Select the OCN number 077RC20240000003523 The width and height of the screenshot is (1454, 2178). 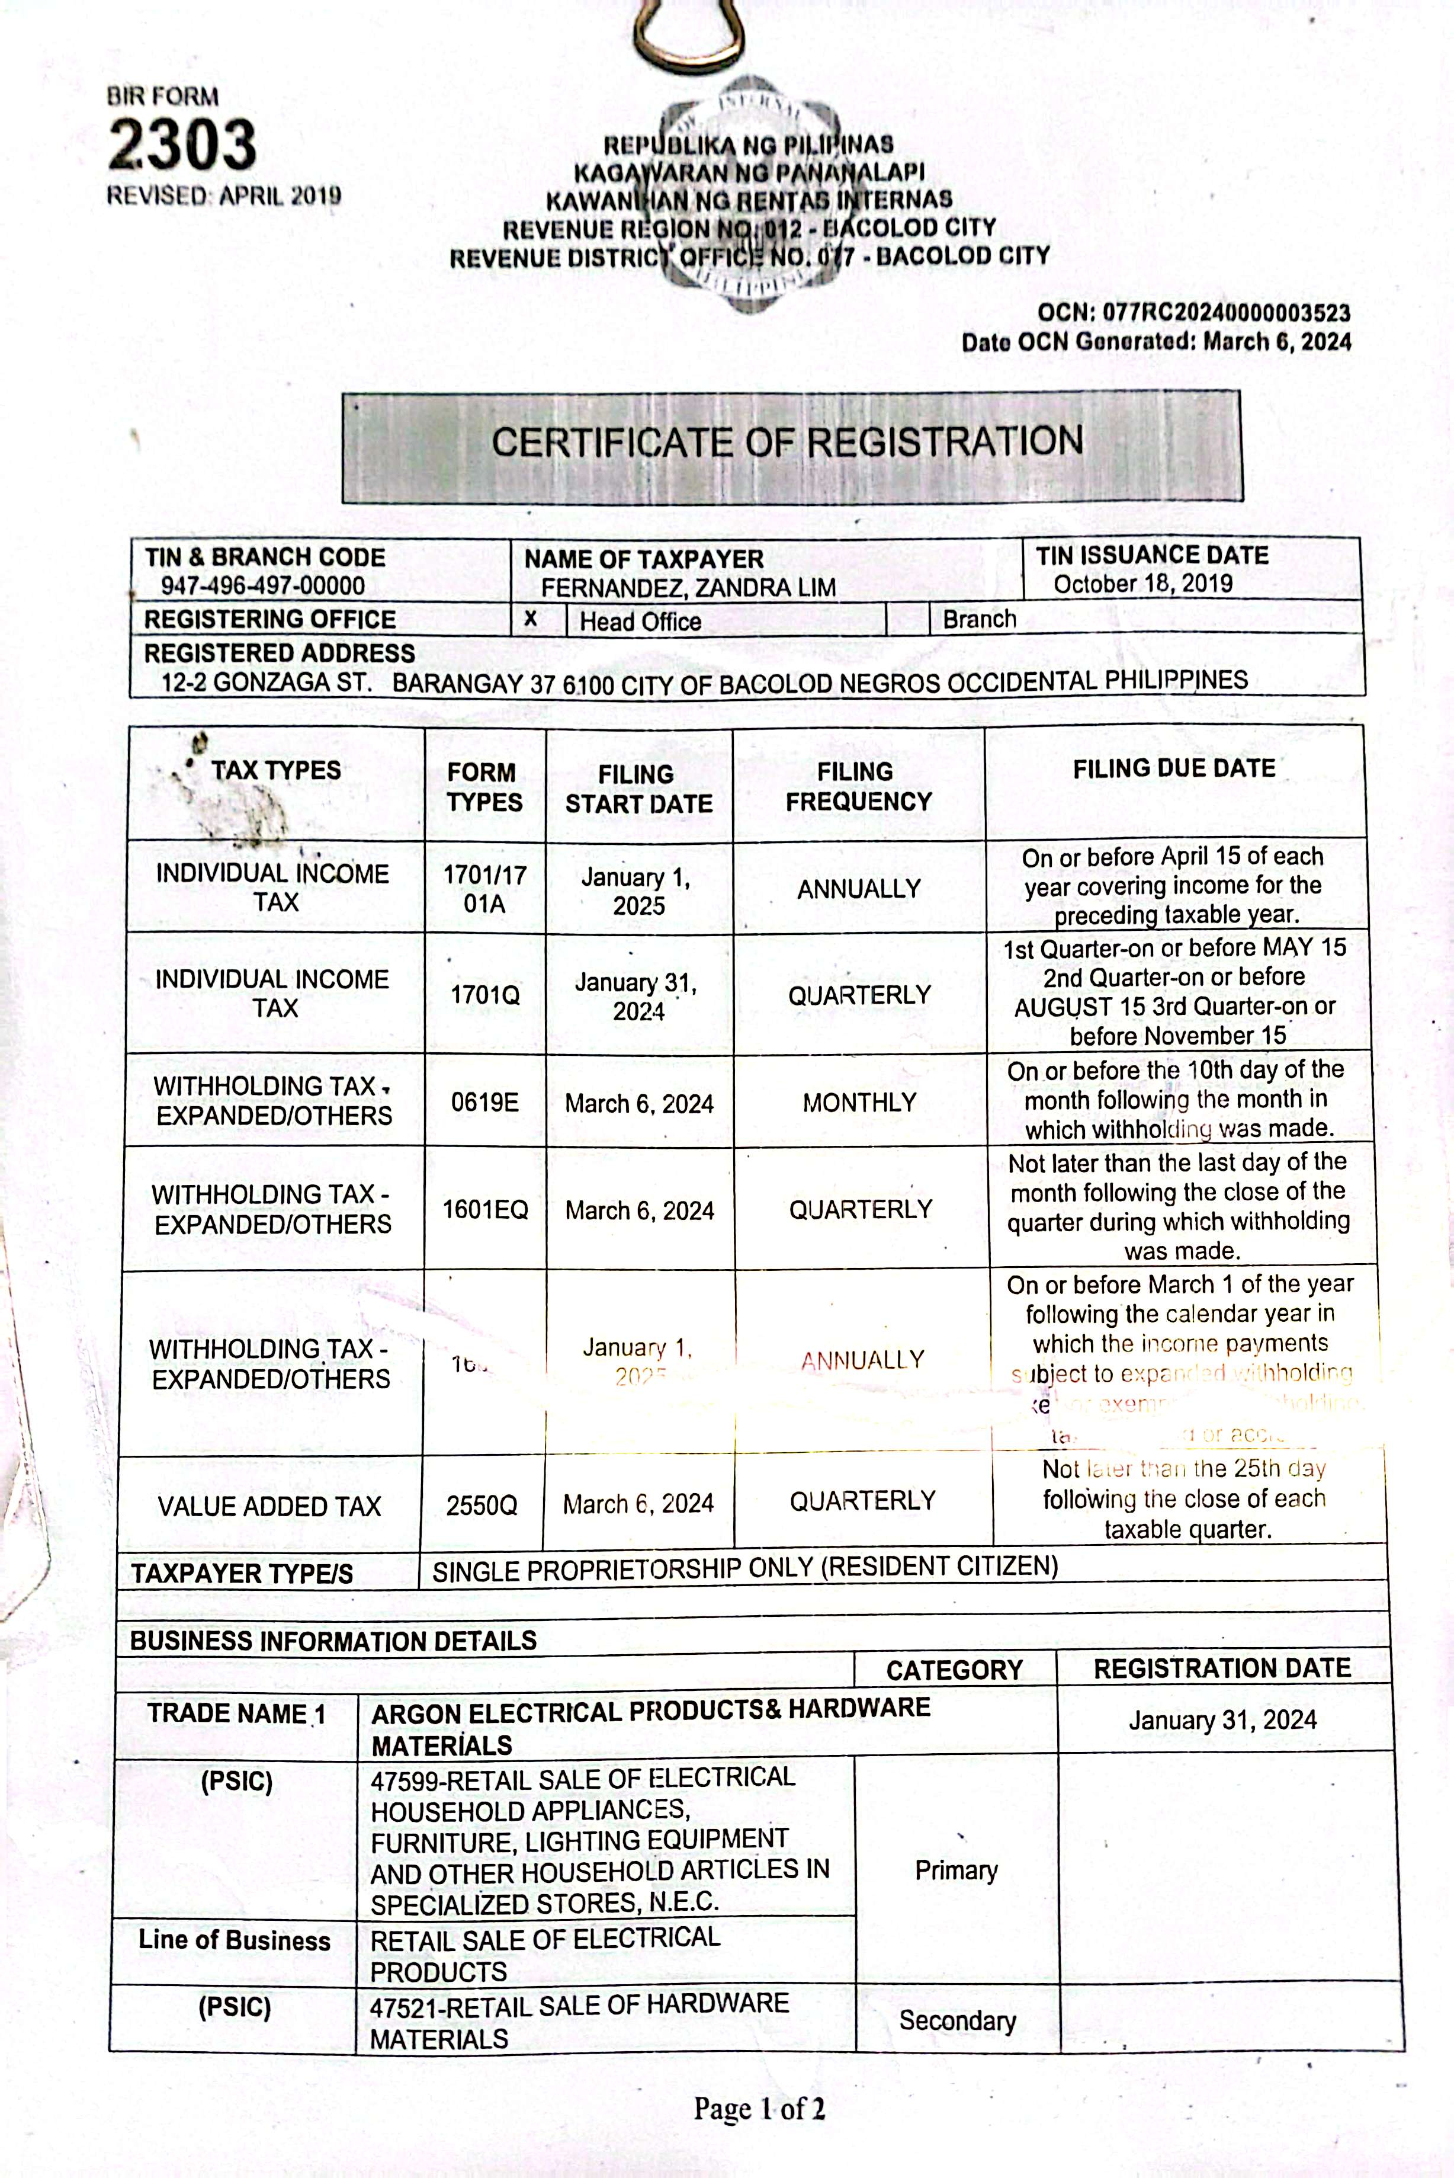point(1226,313)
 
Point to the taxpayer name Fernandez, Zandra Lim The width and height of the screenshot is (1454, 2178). point(688,587)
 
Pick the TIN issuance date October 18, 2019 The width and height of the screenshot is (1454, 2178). point(1142,584)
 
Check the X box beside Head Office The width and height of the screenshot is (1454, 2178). point(531,619)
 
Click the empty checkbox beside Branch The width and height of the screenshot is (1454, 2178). point(908,619)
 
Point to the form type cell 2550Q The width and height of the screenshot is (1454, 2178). point(482,1504)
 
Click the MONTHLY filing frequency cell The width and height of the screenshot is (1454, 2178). point(859,1102)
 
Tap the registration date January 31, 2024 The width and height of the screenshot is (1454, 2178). point(1222,1720)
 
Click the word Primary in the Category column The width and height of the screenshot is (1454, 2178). point(956,1870)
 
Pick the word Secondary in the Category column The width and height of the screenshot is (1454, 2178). point(957,2020)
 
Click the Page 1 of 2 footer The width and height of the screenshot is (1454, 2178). point(759,2109)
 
